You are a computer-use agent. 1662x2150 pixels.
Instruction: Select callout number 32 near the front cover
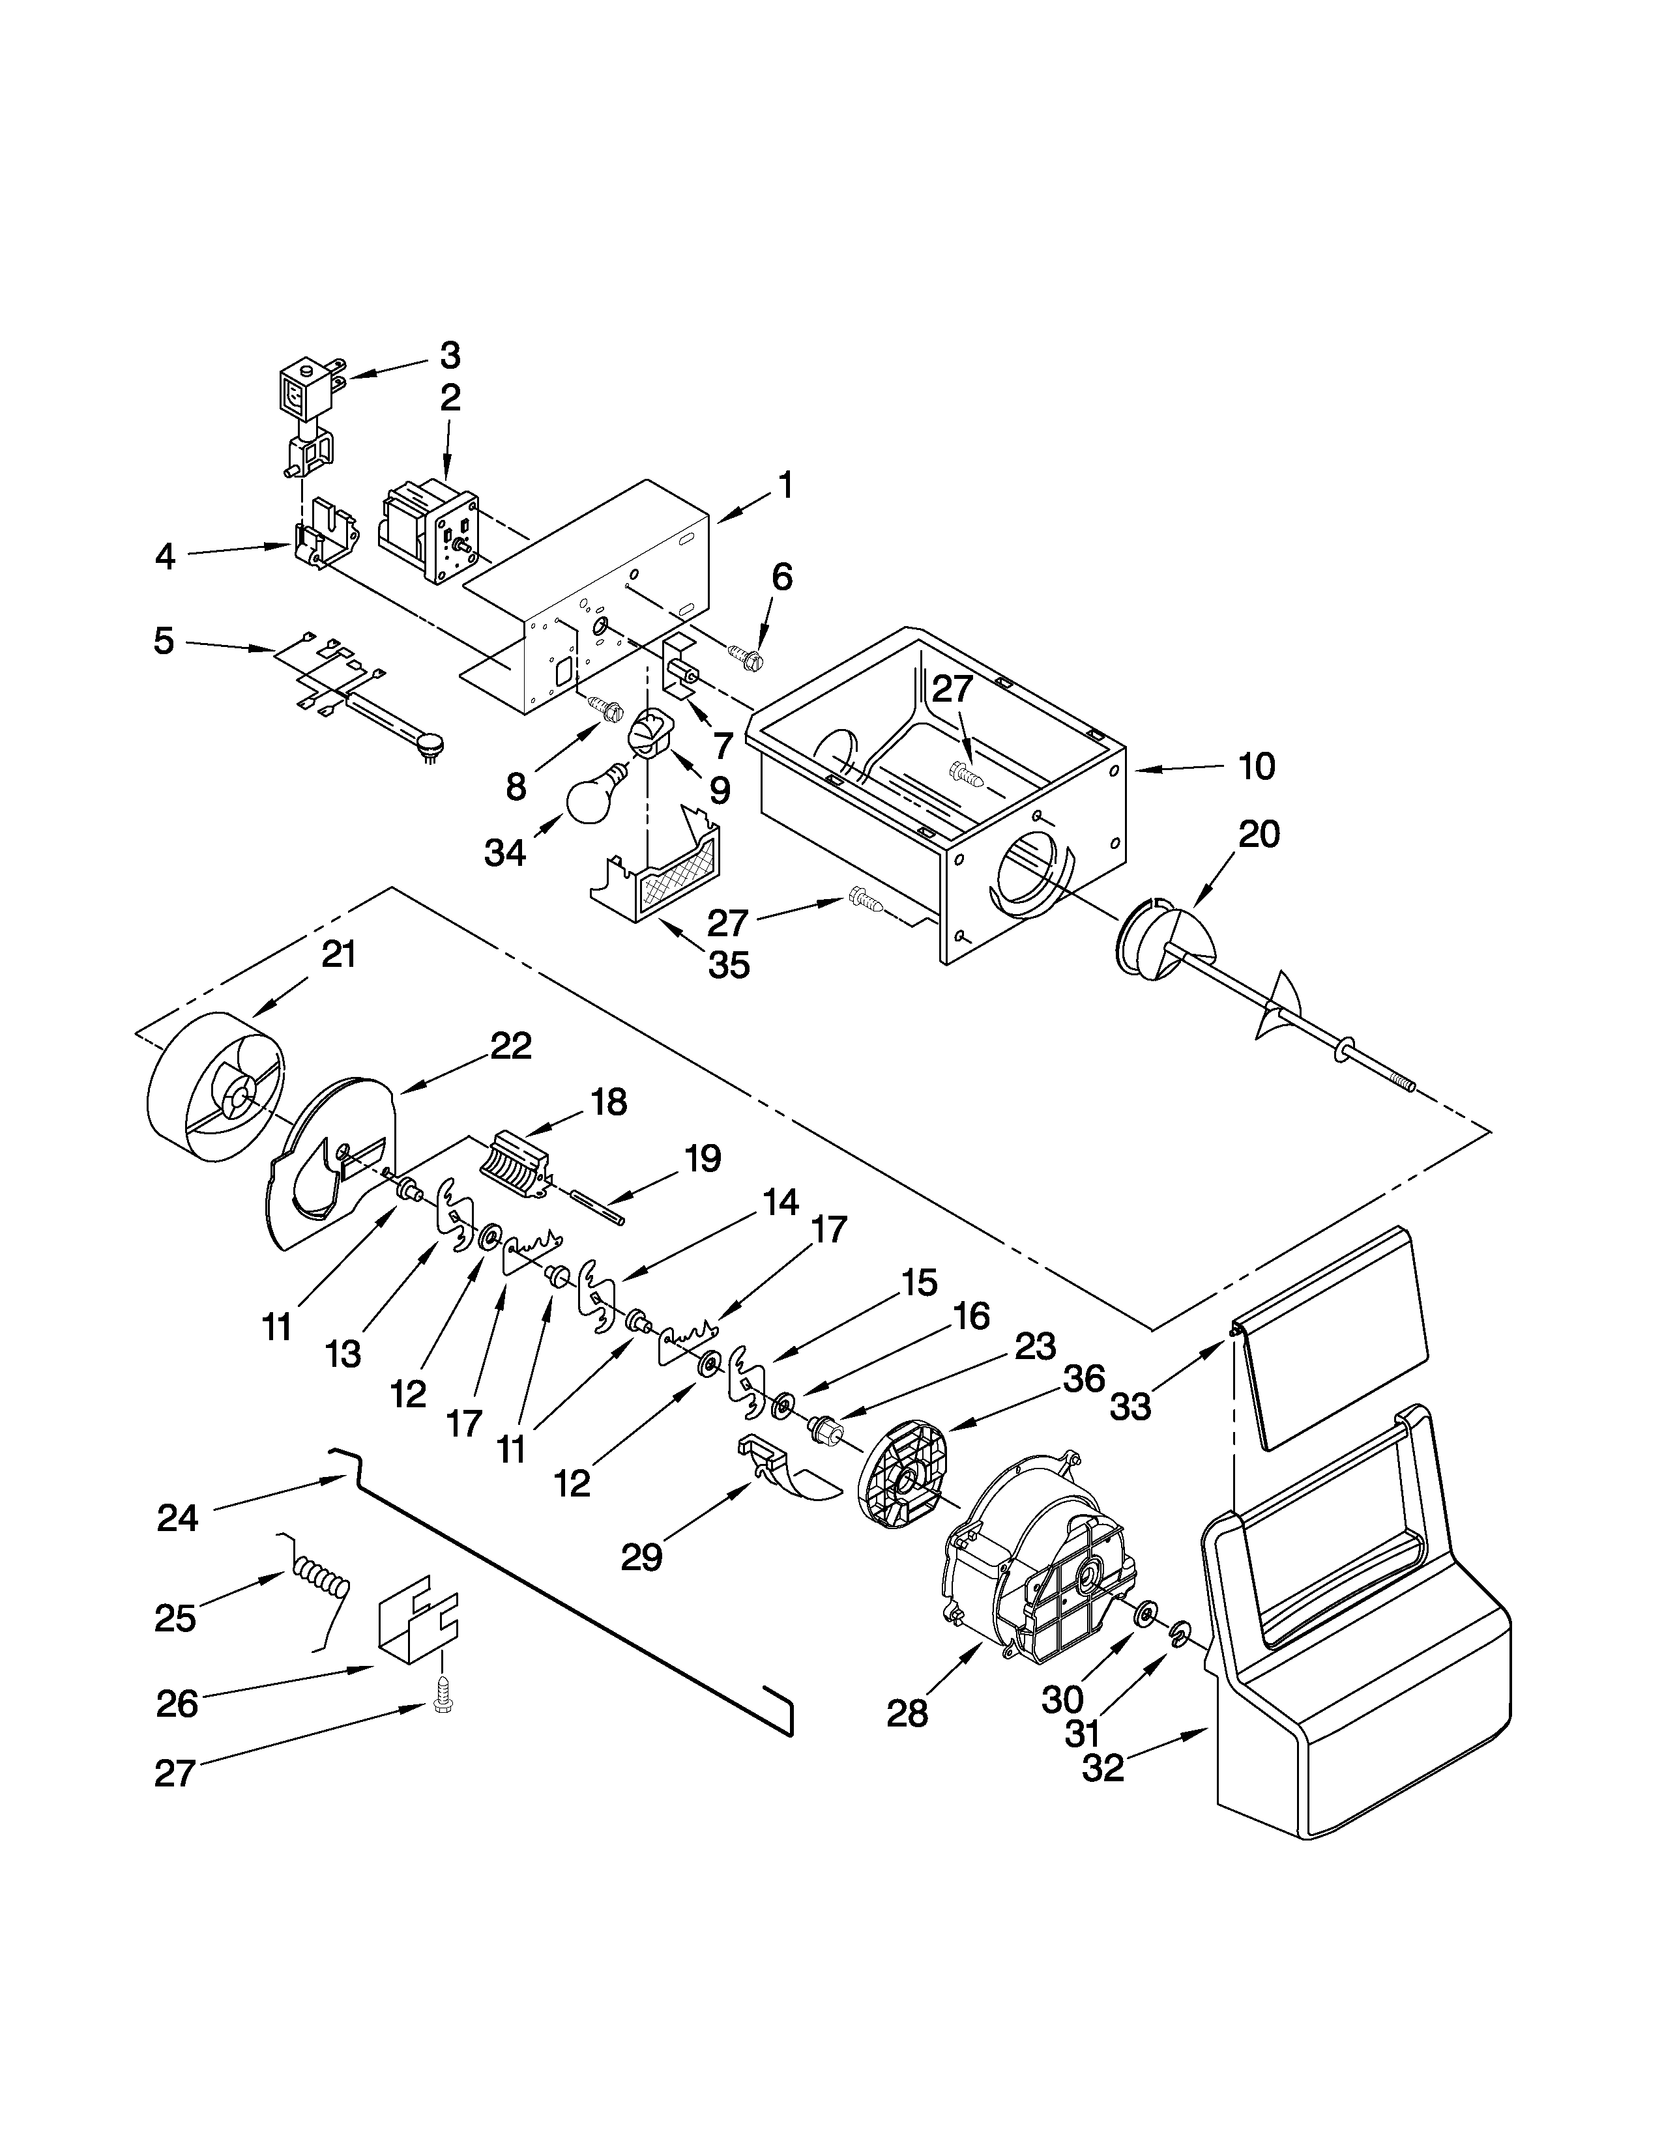[x=1103, y=1768]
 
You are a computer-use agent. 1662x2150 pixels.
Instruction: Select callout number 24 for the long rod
[x=177, y=1518]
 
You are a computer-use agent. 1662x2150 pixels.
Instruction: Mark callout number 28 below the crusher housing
[x=907, y=1714]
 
